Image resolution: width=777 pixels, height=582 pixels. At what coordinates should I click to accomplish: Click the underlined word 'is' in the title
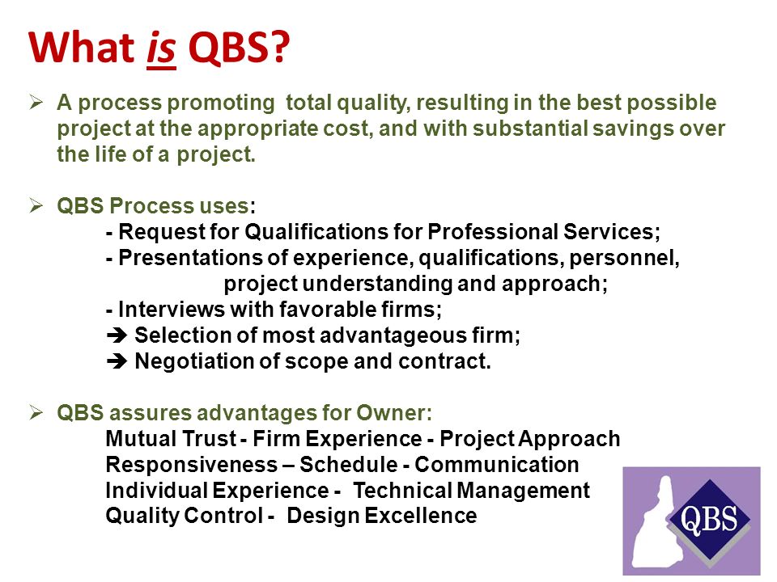tap(162, 50)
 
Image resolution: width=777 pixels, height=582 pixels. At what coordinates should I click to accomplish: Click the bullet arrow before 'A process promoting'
tap(36, 103)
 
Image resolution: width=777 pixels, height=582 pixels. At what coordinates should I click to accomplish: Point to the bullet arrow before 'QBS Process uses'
tap(36, 207)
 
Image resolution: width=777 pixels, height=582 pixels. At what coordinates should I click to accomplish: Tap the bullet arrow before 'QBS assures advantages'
tap(36, 413)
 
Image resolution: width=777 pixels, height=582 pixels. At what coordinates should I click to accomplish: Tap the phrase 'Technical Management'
tap(472, 491)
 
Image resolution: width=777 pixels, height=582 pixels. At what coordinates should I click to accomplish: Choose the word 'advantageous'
tap(392, 335)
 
